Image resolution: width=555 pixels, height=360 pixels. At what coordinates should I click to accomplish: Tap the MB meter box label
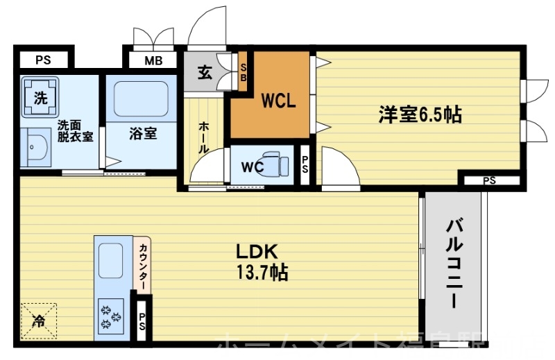pyautogui.click(x=153, y=60)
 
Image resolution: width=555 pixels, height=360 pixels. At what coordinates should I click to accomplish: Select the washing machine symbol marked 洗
pyautogui.click(x=41, y=98)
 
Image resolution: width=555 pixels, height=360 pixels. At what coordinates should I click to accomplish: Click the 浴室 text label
pyautogui.click(x=143, y=133)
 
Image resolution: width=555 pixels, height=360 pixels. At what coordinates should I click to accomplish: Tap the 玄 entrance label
pyautogui.click(x=205, y=73)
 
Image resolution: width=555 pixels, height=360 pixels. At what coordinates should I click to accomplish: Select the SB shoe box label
pyautogui.click(x=244, y=72)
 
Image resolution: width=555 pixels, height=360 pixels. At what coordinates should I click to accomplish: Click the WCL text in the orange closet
pyautogui.click(x=278, y=101)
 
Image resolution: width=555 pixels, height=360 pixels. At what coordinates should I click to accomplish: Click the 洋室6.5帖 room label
pyautogui.click(x=420, y=114)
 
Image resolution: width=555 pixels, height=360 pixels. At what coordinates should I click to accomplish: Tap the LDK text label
pyautogui.click(x=259, y=251)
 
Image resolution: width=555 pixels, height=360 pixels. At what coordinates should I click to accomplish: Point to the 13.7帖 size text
pyautogui.click(x=262, y=273)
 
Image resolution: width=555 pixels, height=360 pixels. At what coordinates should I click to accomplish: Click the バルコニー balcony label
pyautogui.click(x=455, y=262)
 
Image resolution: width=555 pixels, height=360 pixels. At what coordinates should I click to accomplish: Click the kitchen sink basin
pyautogui.click(x=110, y=261)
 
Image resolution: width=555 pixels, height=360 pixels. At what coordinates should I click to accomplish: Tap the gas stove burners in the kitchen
pyautogui.click(x=110, y=317)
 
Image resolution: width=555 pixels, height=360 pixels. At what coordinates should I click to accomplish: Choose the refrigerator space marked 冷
pyautogui.click(x=40, y=321)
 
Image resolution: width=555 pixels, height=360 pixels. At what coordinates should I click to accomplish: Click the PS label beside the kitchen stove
pyautogui.click(x=142, y=323)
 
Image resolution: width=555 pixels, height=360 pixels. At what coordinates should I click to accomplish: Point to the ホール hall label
pyautogui.click(x=205, y=137)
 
